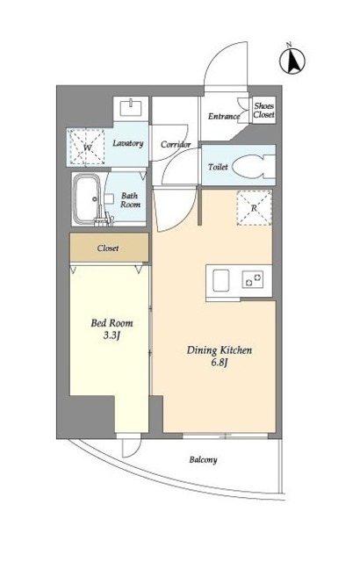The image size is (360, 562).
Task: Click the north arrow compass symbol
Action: click(x=292, y=60)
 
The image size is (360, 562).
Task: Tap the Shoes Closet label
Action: click(x=264, y=110)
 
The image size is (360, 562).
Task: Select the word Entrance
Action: click(x=224, y=116)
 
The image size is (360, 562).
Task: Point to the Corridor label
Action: click(x=176, y=144)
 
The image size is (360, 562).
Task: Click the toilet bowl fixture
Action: click(x=253, y=166)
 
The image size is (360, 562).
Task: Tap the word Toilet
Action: click(x=218, y=167)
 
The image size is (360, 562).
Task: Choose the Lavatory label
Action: click(x=128, y=143)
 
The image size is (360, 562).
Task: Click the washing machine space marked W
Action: click(x=87, y=147)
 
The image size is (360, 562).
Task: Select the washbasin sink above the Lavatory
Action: click(x=131, y=108)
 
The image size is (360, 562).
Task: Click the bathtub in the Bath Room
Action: click(x=87, y=199)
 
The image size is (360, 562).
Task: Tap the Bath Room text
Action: click(x=130, y=199)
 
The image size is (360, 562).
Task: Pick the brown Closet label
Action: click(x=107, y=248)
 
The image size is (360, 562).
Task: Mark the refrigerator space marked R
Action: click(x=254, y=207)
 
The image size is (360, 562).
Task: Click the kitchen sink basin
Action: click(x=221, y=280)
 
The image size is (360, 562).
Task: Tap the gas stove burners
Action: click(x=253, y=279)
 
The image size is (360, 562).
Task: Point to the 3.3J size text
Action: click(x=111, y=335)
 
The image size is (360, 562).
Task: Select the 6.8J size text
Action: click(x=220, y=363)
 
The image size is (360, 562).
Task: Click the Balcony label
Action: click(x=203, y=459)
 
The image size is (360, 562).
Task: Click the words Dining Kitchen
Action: click(x=220, y=350)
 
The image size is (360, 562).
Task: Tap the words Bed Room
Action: click(x=112, y=323)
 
